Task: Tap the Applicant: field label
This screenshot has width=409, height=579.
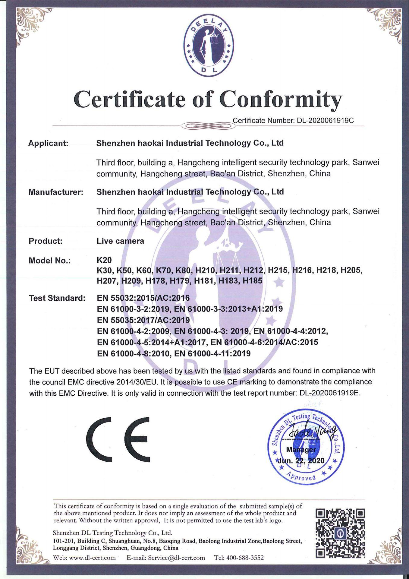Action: tap(48, 143)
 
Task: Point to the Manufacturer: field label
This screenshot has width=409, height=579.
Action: tap(56, 192)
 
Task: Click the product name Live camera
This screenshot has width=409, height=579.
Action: tap(120, 241)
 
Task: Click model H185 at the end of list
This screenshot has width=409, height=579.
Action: tap(253, 281)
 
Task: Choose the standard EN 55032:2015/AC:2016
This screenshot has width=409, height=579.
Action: tap(143, 298)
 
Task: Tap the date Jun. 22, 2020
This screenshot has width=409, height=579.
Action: tap(301, 460)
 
